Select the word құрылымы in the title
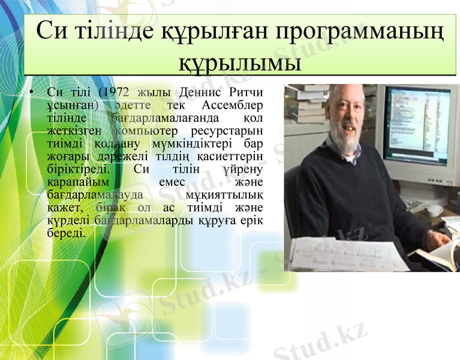[x=240, y=61]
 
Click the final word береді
[x=66, y=232]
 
